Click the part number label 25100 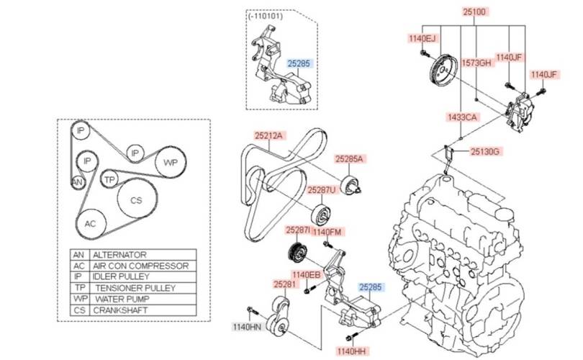click(475, 12)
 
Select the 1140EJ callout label click(422, 38)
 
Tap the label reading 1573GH click(476, 63)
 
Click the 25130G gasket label click(485, 151)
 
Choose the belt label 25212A click(269, 135)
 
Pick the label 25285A click(349, 158)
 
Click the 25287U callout click(322, 191)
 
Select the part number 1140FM click(327, 232)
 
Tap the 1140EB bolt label click(306, 274)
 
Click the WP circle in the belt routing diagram click(171, 162)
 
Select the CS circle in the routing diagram click(136, 201)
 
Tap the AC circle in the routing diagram click(90, 224)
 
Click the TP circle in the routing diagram click(109, 179)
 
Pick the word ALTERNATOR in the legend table click(120, 255)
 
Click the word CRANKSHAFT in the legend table click(122, 310)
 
